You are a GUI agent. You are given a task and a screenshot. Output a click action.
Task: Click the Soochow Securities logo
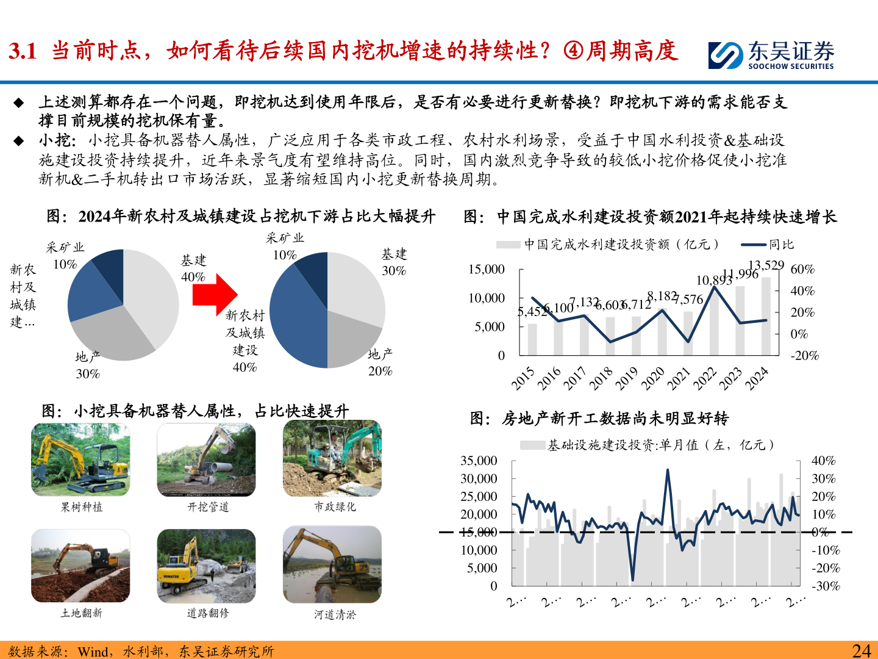[771, 55]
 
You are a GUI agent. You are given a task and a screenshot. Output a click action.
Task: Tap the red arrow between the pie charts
[214, 295]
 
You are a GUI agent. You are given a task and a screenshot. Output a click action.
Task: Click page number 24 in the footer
[861, 650]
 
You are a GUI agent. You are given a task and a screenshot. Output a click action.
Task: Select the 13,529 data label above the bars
[766, 265]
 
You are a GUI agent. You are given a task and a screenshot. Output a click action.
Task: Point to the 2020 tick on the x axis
[652, 379]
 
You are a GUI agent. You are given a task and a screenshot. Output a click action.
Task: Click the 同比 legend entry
[780, 245]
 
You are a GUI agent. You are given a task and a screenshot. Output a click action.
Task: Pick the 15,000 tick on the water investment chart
[487, 270]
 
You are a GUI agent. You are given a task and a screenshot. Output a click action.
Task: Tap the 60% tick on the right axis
[802, 270]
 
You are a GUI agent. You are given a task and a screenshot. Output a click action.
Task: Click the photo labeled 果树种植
[80, 459]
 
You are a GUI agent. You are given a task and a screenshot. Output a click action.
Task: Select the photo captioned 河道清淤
[332, 564]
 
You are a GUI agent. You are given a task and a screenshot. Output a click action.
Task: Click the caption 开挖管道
[208, 507]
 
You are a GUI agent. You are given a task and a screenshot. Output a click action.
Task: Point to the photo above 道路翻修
[206, 565]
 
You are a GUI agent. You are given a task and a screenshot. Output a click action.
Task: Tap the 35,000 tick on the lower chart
[479, 461]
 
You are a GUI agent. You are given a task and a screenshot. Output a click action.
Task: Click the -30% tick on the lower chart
[826, 586]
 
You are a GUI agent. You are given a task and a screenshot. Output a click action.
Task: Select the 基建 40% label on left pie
[193, 268]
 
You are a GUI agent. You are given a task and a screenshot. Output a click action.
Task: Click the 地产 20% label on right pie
[380, 362]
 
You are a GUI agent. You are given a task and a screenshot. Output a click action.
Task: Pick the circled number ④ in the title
[573, 51]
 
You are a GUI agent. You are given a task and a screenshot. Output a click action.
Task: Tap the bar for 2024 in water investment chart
[766, 316]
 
